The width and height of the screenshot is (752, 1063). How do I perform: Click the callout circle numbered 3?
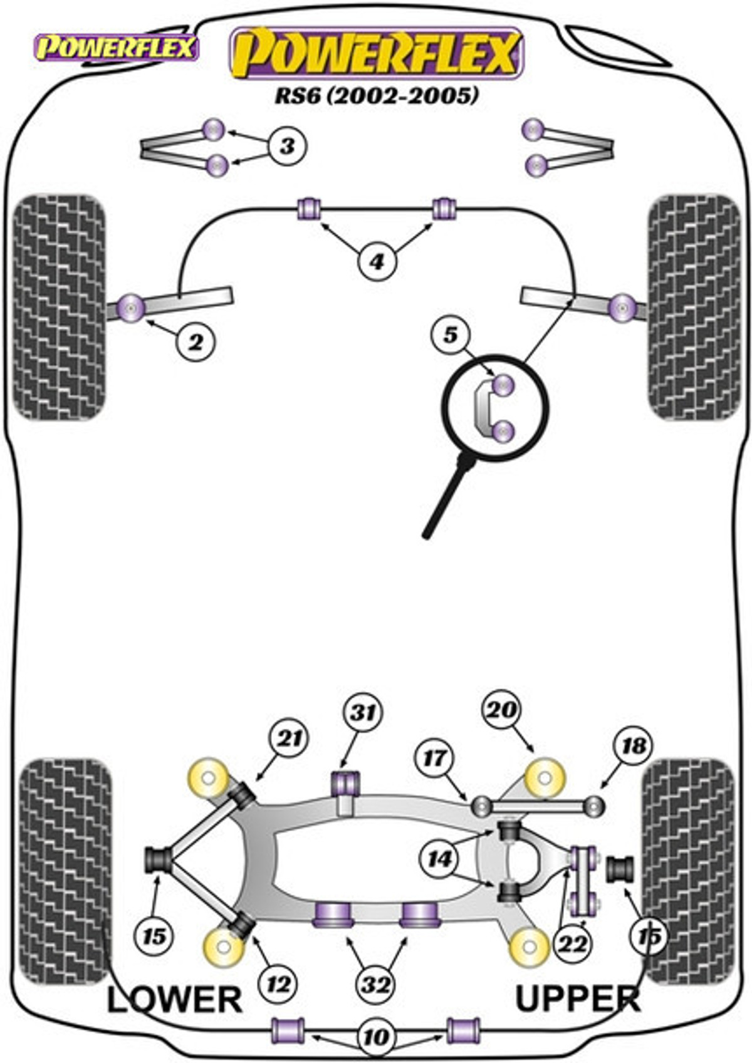(287, 146)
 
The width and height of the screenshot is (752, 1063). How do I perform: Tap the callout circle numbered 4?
(377, 261)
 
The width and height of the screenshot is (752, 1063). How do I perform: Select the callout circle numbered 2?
(196, 341)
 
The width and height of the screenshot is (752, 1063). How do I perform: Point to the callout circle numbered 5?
(450, 335)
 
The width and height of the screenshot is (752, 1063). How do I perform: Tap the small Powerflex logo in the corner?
(115, 48)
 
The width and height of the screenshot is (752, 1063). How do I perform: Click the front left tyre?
(60, 308)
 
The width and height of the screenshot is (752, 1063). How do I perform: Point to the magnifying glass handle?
(447, 497)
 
